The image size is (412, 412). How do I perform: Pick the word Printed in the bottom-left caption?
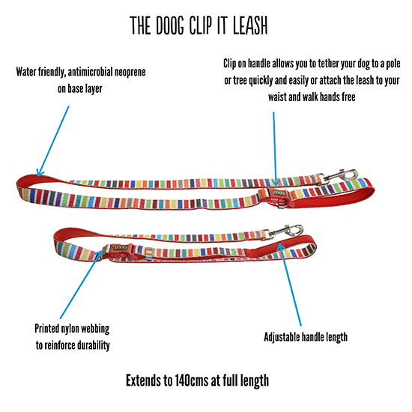[46, 328]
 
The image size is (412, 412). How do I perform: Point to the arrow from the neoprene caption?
[53, 141]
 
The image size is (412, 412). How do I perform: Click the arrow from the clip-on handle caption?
[275, 149]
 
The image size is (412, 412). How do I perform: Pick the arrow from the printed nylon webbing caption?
[81, 285]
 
